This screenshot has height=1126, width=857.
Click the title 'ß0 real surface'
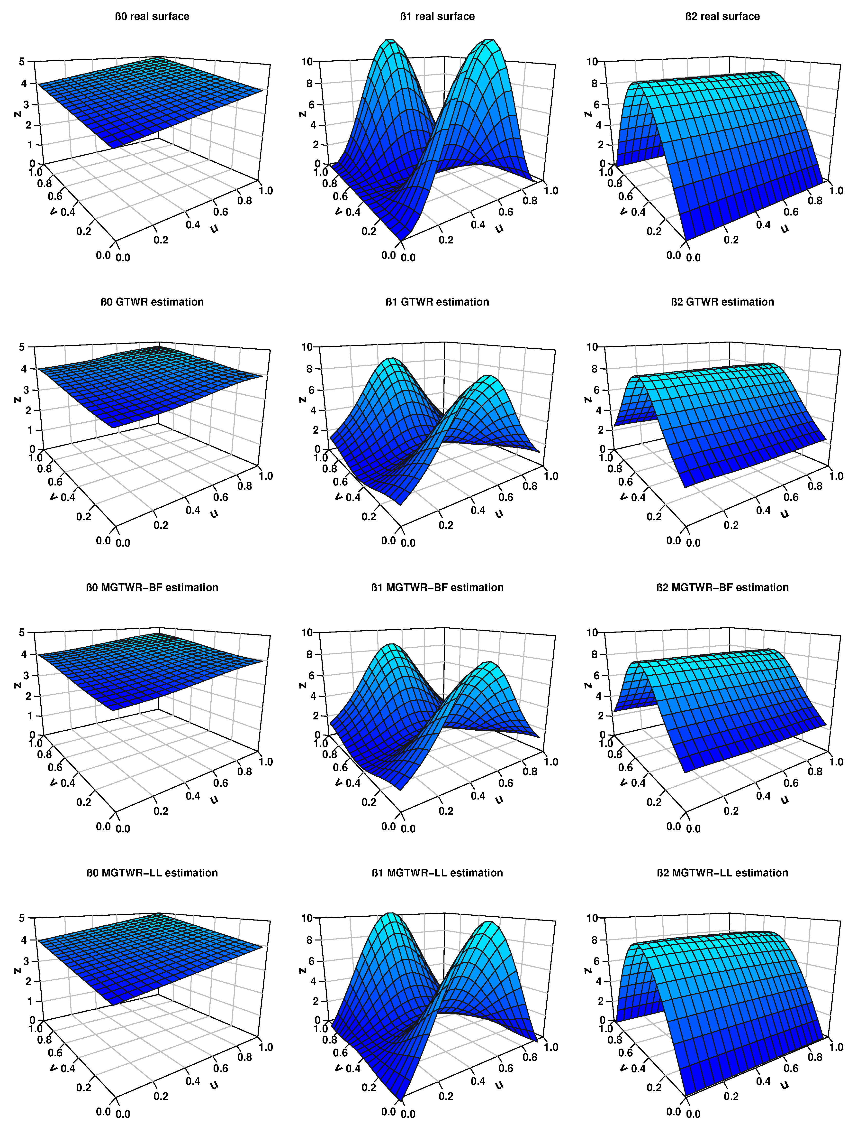click(x=152, y=16)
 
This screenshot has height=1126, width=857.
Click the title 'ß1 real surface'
click(x=437, y=16)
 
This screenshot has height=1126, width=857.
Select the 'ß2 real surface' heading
click(x=722, y=16)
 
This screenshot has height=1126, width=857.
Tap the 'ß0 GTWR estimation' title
click(x=152, y=302)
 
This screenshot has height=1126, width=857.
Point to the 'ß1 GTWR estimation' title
click(x=437, y=302)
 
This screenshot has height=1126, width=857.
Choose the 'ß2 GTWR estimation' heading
click(x=722, y=302)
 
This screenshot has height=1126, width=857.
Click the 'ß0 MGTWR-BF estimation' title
click(x=152, y=587)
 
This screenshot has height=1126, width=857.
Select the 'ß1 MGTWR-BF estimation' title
click(x=437, y=587)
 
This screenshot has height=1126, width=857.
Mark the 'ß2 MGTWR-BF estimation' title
click(x=722, y=587)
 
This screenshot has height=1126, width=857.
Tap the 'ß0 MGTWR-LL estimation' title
click(x=152, y=873)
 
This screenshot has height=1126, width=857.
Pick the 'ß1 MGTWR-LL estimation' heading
click(x=437, y=873)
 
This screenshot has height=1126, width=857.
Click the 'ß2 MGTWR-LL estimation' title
click(x=722, y=873)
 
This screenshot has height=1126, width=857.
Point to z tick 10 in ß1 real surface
click(x=307, y=62)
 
